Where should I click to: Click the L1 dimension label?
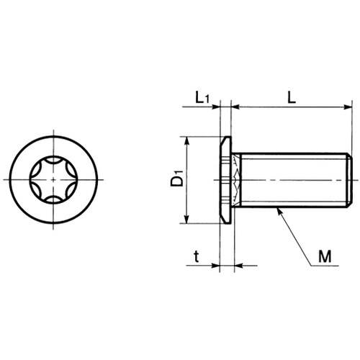pos(202,98)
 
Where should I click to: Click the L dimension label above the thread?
pos(292,98)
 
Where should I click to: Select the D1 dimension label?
pos(177,178)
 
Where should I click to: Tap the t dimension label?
pos(197,257)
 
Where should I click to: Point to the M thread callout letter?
pos(325,256)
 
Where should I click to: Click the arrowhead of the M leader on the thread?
pos(279,212)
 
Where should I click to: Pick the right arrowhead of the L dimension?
pos(348,107)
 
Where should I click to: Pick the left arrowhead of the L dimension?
pos(235,107)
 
